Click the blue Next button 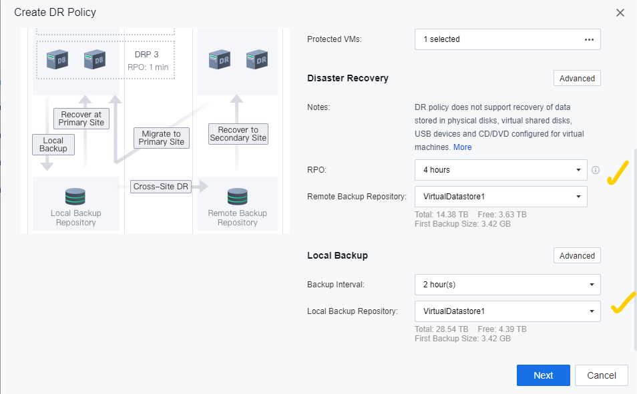(543, 375)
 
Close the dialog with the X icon (620, 13)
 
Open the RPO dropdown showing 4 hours (501, 170)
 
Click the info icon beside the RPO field (596, 170)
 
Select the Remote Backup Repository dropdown (501, 197)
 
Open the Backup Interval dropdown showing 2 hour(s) (507, 285)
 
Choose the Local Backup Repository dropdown (507, 311)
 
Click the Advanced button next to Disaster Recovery (577, 78)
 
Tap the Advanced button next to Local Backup (577, 255)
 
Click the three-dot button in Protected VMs (589, 39)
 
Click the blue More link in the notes (462, 147)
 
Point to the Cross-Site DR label (161, 187)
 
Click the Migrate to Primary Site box (162, 138)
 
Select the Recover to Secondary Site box (238, 134)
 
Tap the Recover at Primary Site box (81, 119)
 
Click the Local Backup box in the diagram (53, 145)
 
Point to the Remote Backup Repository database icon (237, 197)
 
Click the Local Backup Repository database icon (75, 197)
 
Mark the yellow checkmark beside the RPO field (618, 173)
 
